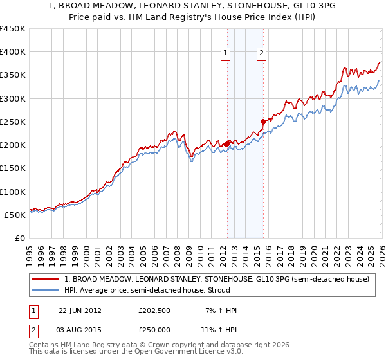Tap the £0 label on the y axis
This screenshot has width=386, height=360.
21,238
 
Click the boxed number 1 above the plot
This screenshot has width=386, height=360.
226,54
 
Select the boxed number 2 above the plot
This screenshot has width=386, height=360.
262,54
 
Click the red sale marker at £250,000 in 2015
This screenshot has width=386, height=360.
262,122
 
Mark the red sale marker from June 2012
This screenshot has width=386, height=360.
227,143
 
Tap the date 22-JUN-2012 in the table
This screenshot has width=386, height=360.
80,310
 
